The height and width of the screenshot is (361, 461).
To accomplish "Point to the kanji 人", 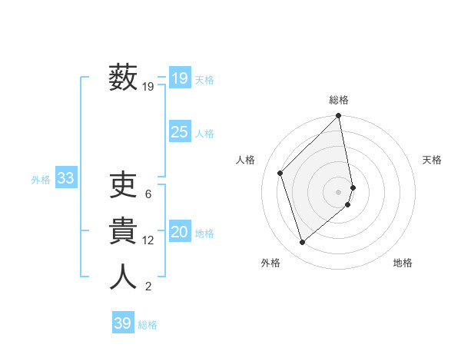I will tap(124, 277).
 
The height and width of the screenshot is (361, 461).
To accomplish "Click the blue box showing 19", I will tap(180, 78).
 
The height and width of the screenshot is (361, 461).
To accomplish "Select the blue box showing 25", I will tap(180, 132).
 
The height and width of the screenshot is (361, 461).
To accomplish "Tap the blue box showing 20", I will tap(180, 233).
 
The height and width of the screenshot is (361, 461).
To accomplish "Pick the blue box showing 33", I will tap(66, 179).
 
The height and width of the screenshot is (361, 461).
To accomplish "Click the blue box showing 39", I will tap(123, 323).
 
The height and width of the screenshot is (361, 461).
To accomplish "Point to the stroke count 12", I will tap(148, 240).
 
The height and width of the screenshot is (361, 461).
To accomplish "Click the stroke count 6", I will tap(148, 194).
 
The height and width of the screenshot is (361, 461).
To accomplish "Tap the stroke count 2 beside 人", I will tap(148, 287).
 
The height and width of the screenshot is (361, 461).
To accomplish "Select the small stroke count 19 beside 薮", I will tap(148, 87).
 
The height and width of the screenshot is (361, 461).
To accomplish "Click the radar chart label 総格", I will tap(339, 100).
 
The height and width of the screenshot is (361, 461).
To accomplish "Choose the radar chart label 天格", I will tap(433, 160).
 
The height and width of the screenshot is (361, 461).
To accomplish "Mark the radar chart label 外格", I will tap(270, 263).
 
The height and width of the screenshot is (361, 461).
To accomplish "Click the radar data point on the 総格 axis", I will tap(339, 117).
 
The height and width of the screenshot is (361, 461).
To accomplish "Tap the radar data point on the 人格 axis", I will tap(280, 173).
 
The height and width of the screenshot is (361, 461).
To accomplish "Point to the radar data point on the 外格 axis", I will tap(303, 243).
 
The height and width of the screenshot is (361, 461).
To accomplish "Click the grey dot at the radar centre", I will tap(339, 191).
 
